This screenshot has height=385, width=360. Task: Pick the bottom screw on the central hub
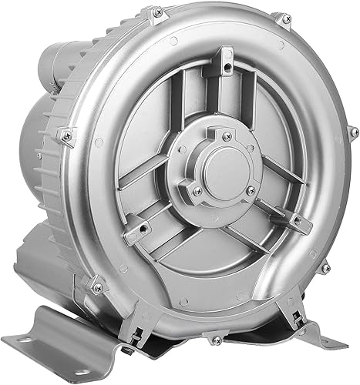click(x=198, y=190)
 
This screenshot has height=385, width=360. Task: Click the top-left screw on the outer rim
click(x=157, y=13)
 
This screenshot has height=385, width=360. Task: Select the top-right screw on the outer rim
click(x=284, y=17)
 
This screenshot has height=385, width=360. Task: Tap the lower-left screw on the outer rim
click(x=96, y=287)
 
